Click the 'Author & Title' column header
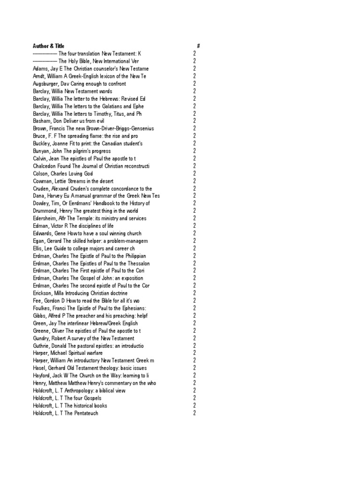[46, 46]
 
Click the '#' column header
[199, 46]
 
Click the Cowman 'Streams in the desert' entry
[73, 181]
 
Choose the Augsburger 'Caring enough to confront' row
[79, 83]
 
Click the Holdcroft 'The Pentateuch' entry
[66, 413]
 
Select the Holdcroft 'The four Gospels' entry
[67, 398]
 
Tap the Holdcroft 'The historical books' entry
[70, 405]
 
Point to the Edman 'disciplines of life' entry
[73, 226]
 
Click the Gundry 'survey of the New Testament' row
[83, 338]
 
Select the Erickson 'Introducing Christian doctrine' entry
[80, 293]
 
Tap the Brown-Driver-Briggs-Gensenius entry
[93, 128]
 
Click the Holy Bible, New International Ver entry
[86, 61]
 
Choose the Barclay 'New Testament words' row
[72, 91]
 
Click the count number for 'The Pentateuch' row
[194, 413]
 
